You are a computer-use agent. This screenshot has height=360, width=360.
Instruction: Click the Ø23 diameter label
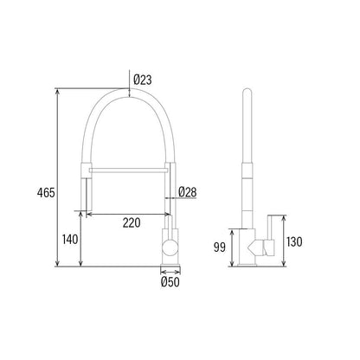[143, 80]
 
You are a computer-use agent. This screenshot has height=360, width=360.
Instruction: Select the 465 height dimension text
[46, 193]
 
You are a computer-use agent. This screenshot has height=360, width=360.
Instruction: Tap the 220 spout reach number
[132, 222]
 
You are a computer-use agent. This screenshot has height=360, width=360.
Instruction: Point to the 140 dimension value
[70, 240]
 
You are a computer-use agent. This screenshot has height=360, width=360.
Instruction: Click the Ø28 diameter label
[188, 192]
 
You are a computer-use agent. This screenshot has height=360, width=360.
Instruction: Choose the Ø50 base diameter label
[170, 282]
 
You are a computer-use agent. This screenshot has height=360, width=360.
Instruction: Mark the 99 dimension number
[219, 247]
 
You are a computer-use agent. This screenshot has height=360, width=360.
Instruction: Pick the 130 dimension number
[294, 241]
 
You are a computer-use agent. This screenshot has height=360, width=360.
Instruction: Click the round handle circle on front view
[170, 247]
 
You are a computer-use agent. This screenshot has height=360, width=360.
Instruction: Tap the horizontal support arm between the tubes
[127, 170]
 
